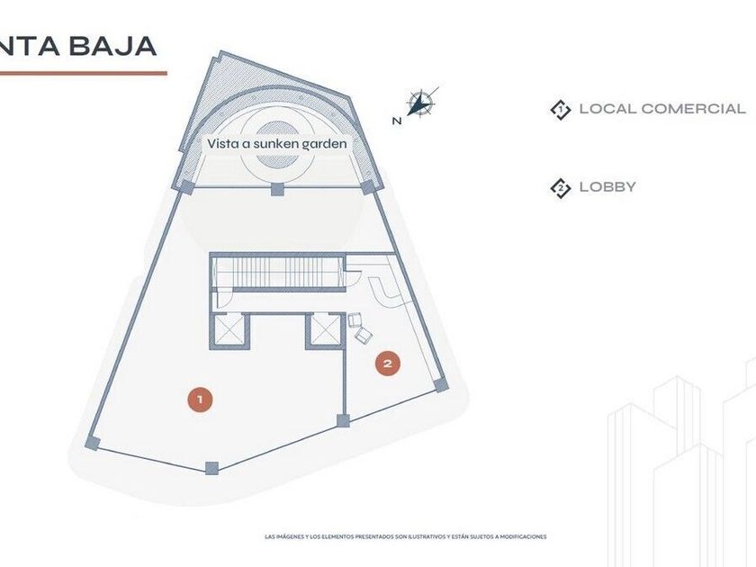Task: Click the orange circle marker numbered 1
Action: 200,399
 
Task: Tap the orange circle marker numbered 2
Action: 388,364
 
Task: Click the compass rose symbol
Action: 419,103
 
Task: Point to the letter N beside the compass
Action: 397,120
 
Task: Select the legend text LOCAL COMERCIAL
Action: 662,109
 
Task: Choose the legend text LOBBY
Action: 607,187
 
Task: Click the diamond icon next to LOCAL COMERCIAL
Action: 561,110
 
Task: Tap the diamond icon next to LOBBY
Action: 561,188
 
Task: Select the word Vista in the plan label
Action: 224,143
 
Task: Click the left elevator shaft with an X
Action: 230,331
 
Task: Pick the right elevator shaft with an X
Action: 323,331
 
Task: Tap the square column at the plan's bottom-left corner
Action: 92,443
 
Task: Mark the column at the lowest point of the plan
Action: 211,467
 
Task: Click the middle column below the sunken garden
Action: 277,189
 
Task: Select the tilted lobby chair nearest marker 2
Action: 364,335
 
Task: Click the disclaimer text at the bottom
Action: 406,537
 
